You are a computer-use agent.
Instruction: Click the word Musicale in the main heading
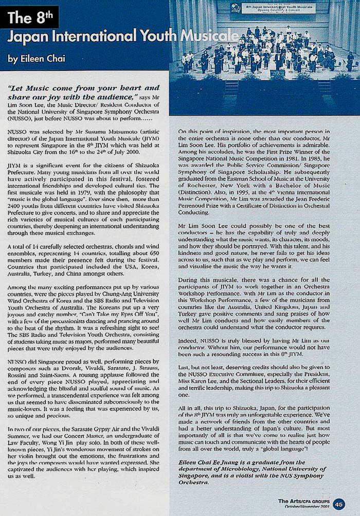pyautogui.click(x=208, y=37)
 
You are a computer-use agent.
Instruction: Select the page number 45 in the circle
pyautogui.click(x=339, y=504)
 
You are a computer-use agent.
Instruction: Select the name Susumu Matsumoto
pyautogui.click(x=100, y=132)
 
